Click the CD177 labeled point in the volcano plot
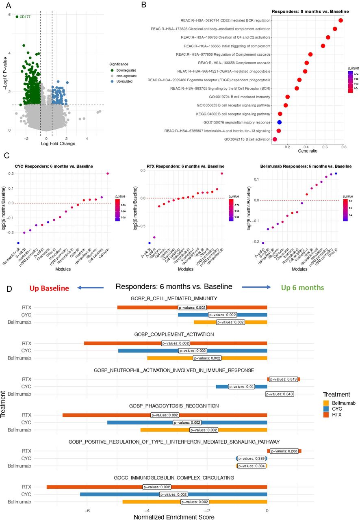coord(17,17)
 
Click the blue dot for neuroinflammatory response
coord(280,122)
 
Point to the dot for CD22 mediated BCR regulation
coord(341,20)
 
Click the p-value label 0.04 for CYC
coord(241,387)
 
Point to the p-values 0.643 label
coord(279,394)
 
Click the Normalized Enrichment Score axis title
coord(174,517)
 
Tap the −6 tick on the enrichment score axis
coord(87,510)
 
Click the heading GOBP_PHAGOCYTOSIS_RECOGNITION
coord(174,406)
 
